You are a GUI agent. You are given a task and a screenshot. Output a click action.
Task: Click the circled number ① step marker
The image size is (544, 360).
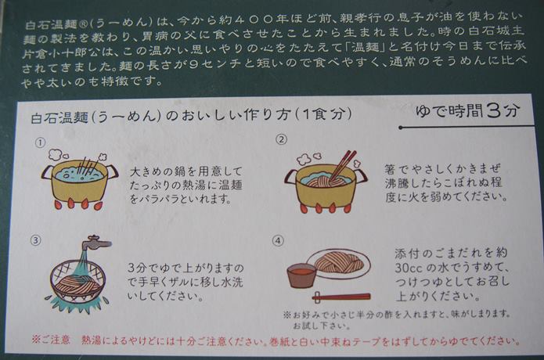point(41,142)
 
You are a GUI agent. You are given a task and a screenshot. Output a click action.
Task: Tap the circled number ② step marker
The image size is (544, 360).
point(281,139)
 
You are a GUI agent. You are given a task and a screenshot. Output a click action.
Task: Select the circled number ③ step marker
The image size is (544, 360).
point(36,241)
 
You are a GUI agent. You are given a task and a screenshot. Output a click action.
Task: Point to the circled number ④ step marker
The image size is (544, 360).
point(278,241)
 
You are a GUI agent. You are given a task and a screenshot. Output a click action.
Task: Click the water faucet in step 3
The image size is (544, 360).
point(96,243)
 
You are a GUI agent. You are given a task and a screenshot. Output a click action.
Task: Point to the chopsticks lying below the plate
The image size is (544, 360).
point(341,297)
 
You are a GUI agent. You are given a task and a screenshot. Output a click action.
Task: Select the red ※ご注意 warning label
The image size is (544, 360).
point(51,339)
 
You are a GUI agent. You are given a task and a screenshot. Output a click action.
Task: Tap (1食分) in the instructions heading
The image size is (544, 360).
point(323,113)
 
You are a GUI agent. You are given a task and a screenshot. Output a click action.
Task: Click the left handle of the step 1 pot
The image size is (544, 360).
point(48,172)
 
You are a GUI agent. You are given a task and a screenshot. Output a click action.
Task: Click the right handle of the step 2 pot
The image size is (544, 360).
point(361,176)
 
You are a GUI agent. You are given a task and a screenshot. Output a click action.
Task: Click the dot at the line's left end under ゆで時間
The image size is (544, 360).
point(401,128)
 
